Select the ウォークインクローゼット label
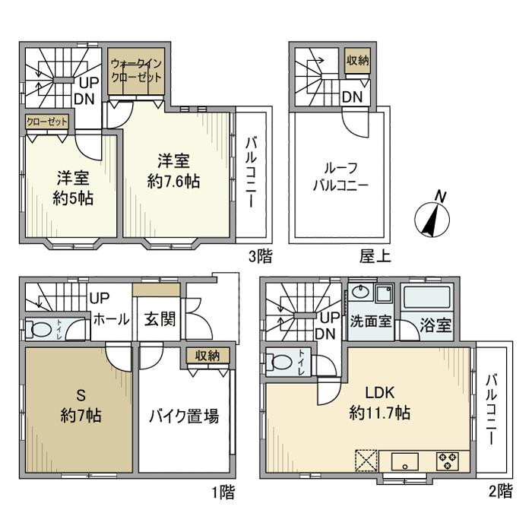point(135,71)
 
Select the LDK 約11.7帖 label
point(380,404)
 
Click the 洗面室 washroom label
point(371,321)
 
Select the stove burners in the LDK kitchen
point(447,461)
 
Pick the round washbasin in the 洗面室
point(359,293)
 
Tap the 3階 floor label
point(259,255)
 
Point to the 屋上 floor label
point(375,256)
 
